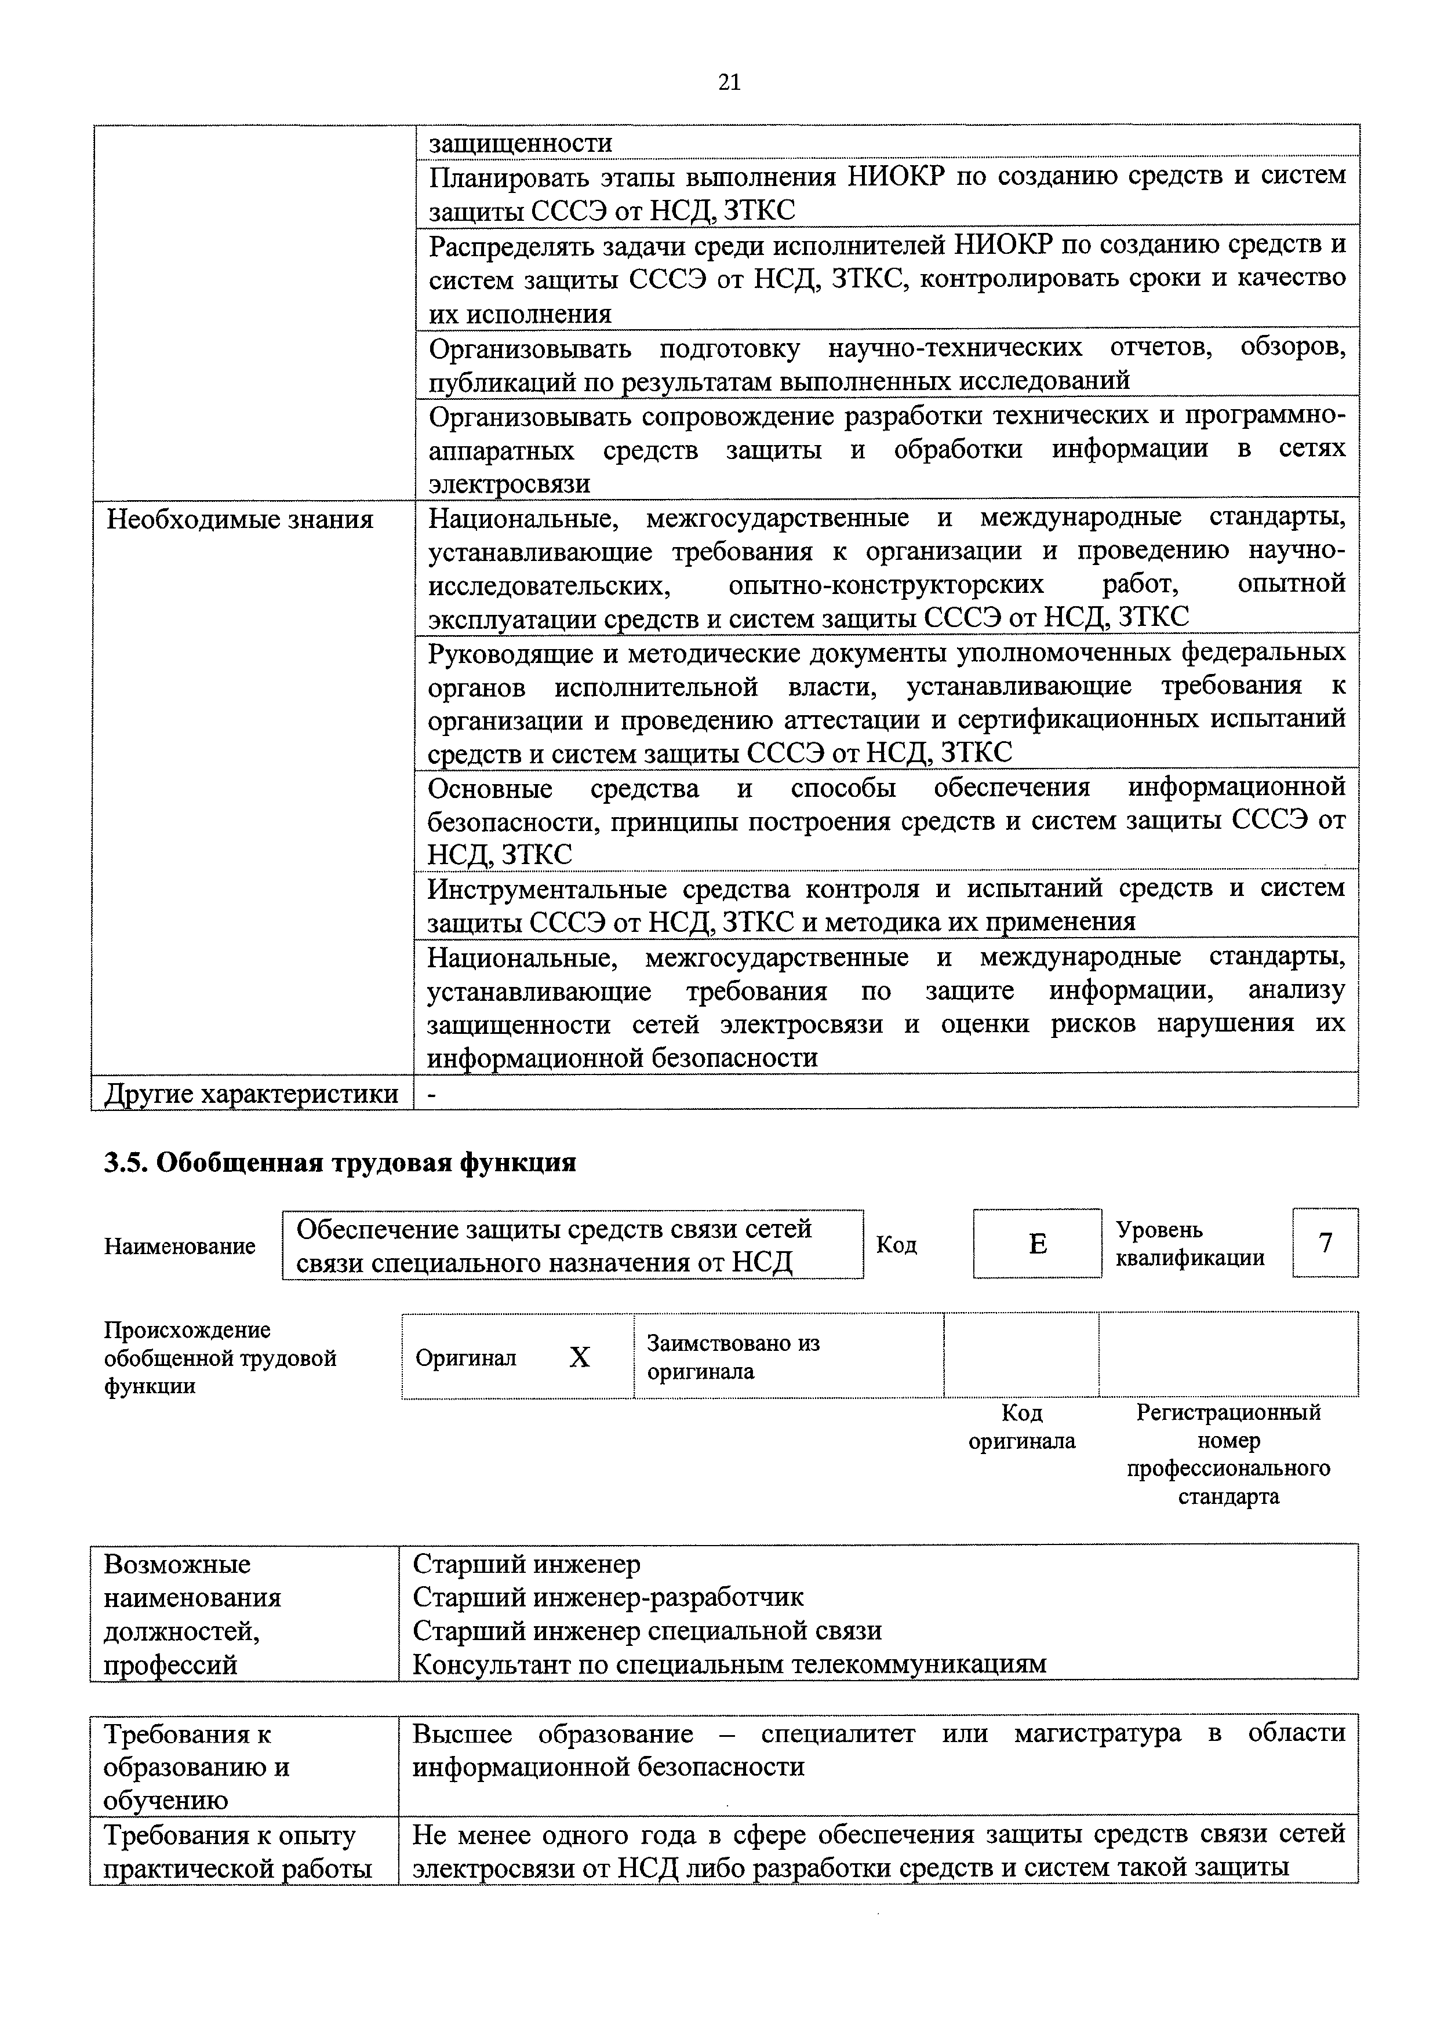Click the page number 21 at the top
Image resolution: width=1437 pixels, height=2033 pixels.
[729, 82]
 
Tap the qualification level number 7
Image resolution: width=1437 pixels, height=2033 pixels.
[1326, 1243]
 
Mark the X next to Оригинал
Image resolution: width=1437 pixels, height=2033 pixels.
[579, 1357]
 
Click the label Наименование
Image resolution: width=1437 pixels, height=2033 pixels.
[180, 1246]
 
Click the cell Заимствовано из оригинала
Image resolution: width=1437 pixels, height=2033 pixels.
[733, 1357]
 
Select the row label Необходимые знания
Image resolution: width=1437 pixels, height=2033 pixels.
[240, 519]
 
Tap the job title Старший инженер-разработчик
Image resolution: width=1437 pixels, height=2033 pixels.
[608, 1597]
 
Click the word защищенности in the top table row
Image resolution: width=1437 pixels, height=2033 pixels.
[521, 143]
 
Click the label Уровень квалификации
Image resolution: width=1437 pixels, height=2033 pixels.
[1189, 1243]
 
